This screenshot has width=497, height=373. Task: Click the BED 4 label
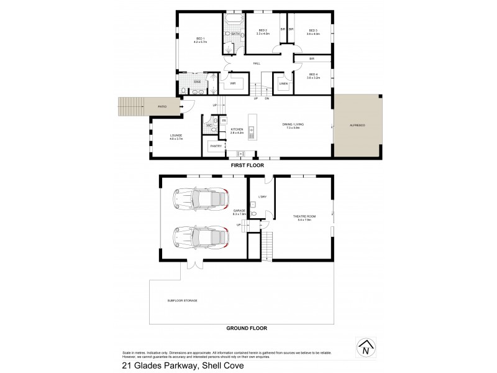(312, 75)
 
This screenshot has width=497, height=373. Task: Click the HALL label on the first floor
(256, 63)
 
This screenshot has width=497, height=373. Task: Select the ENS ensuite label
(197, 81)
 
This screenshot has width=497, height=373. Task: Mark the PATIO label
(162, 107)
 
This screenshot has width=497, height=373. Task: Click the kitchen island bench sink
(251, 131)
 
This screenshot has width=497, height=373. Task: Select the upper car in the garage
(199, 198)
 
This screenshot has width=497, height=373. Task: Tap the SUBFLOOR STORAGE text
(182, 300)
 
